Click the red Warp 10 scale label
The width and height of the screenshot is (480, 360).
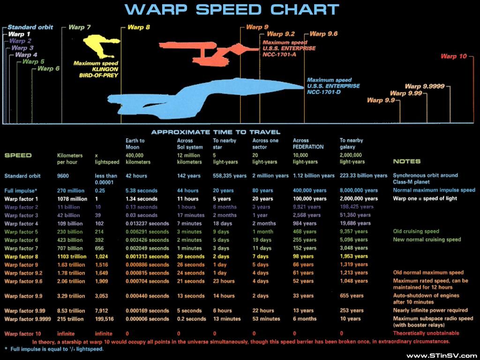pos(454,57)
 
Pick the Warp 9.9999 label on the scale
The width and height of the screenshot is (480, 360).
pos(424,86)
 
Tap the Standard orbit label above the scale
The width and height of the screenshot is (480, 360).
pos(30,27)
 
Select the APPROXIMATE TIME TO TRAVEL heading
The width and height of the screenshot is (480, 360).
pos(216,132)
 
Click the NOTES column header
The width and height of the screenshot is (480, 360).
pos(407,162)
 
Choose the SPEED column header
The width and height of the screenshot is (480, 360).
pos(18,155)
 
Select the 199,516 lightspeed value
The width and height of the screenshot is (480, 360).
pos(104,319)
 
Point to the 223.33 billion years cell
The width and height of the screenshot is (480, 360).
pos(363,176)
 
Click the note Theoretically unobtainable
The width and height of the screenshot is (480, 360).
pos(426,333)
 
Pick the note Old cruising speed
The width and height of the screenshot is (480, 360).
pos(416,232)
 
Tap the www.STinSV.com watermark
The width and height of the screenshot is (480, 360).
pos(442,356)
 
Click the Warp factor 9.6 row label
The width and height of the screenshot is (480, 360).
pos(23,281)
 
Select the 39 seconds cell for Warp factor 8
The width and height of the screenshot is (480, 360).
pos(191,257)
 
